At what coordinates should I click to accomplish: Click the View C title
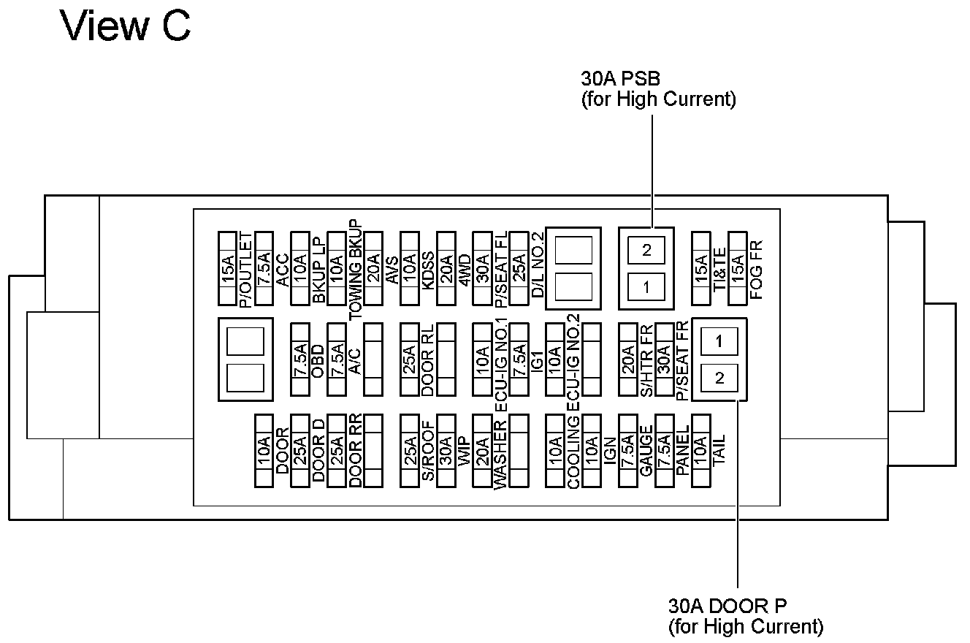(x=126, y=26)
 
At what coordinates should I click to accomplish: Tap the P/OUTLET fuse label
(x=245, y=269)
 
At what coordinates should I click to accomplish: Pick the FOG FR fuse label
(x=756, y=269)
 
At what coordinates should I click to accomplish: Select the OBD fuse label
(x=318, y=360)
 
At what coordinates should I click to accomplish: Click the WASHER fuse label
(x=500, y=455)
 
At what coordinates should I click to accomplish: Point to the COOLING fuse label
(x=573, y=451)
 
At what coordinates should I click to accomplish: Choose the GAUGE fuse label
(x=646, y=451)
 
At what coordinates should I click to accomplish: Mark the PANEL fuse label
(x=683, y=451)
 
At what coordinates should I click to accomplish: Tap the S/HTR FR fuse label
(x=646, y=360)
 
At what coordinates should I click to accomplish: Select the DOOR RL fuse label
(x=428, y=360)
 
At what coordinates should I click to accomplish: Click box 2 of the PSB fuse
(x=646, y=250)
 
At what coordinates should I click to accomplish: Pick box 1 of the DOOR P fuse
(x=719, y=340)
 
